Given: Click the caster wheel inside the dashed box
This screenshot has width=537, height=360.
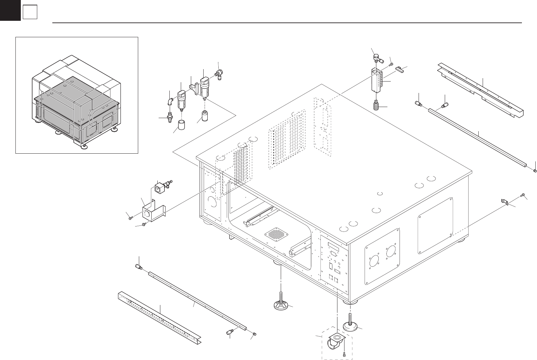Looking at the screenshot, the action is (333, 345).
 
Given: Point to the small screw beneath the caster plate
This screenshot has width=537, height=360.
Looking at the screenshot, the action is (345, 354).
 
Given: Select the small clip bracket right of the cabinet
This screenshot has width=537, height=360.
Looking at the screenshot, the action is (504, 202).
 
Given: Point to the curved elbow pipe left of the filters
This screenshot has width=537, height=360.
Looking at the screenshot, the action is (171, 101).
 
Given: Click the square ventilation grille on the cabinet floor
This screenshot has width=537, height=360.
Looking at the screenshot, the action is (277, 234).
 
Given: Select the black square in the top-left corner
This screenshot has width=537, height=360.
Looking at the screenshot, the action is (10, 10).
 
